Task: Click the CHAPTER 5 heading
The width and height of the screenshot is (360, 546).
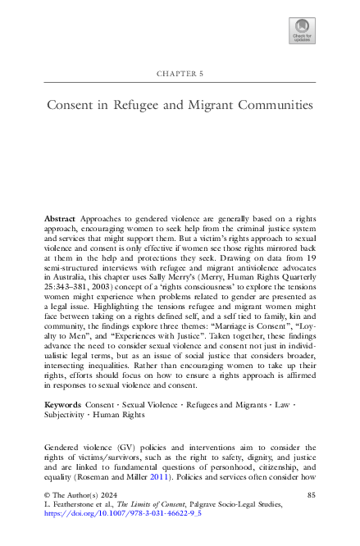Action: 180,75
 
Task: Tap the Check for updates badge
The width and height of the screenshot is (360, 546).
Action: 302,31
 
